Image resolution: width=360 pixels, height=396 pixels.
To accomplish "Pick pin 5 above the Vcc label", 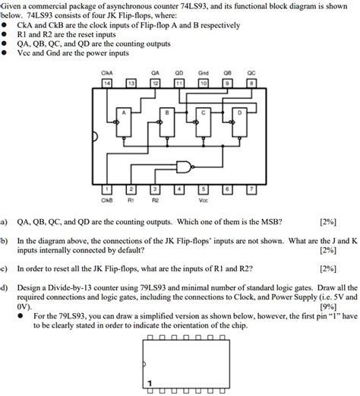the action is [203, 188].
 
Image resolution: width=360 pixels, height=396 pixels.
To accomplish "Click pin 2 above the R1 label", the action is [131, 188].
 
